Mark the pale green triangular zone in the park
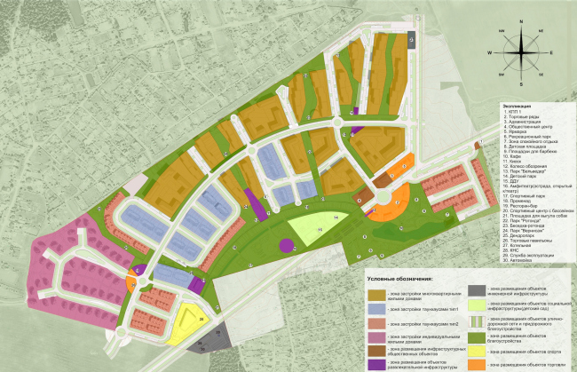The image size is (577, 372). coord(303,226)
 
